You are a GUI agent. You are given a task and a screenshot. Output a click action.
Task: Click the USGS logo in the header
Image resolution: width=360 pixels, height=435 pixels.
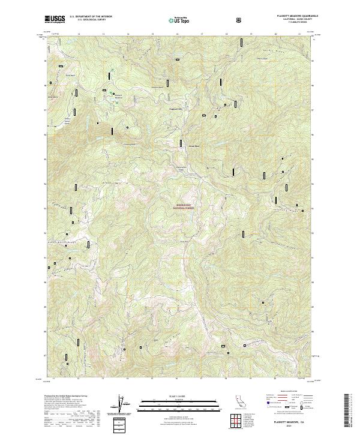55,20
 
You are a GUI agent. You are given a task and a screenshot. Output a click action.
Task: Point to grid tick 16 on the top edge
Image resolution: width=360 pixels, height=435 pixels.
178,35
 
